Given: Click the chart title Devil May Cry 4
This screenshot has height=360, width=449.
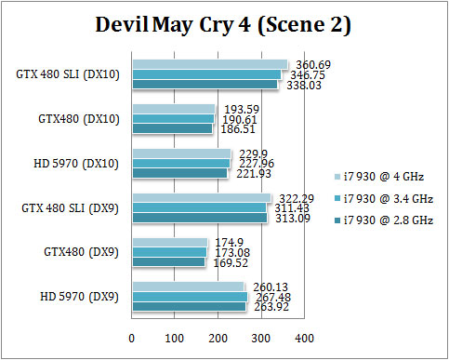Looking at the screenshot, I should (224, 27).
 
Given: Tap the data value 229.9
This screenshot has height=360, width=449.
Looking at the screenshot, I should (250, 153).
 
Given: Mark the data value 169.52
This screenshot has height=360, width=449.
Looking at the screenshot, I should (189, 263).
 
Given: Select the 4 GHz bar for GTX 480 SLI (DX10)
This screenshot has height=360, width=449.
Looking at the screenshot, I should (210, 65).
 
